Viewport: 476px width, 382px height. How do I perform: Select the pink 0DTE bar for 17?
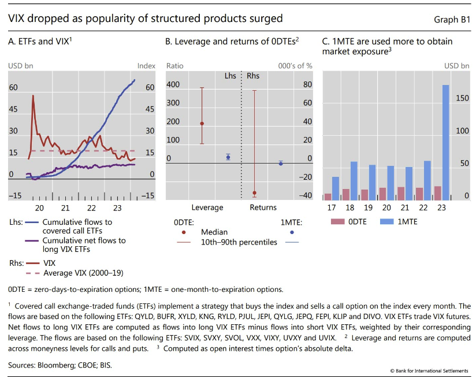[x=328, y=196]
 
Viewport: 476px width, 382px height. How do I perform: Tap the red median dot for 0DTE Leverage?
[x=202, y=124]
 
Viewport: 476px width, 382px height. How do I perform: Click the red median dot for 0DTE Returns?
[x=255, y=193]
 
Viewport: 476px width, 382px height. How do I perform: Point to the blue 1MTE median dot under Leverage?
[x=228, y=157]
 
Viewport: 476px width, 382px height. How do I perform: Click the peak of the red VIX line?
[x=33, y=96]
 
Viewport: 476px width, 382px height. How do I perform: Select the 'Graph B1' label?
[x=452, y=19]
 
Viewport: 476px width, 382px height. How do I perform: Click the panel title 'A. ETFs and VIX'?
[x=40, y=42]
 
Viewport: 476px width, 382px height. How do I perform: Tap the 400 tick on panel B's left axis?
[x=173, y=85]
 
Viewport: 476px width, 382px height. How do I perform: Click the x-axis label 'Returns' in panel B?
[x=262, y=207]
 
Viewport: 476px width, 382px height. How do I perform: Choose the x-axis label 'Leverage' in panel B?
[x=207, y=207]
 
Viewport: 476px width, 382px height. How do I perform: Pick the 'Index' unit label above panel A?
[x=146, y=66]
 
